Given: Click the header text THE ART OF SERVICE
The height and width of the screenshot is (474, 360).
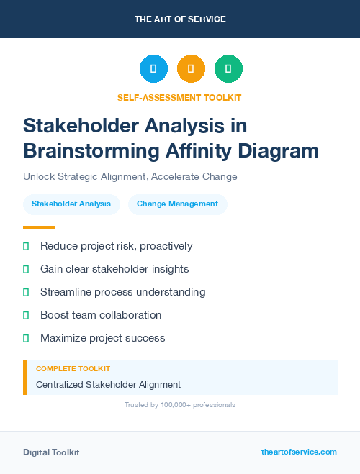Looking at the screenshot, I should coord(180,19).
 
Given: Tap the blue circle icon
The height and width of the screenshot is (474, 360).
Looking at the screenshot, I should coord(153,69).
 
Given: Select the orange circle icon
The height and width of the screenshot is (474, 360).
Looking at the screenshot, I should coord(191,69).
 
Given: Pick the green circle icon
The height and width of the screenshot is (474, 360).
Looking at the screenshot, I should coord(228,69).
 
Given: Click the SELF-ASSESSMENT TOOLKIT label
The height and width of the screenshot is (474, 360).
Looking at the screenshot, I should coord(179,97).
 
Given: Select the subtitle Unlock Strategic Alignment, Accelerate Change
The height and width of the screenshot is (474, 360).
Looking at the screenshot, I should coord(130,176).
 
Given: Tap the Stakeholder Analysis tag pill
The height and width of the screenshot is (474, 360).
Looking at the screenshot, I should coord(71,204).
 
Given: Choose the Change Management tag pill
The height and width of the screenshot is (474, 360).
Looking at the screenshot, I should coord(177,204).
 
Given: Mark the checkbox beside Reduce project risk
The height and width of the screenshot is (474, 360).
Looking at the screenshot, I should coord(26,246).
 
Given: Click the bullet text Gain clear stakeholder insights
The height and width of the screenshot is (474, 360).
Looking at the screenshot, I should coord(114,269).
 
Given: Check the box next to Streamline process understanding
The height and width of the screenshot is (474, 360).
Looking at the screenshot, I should coord(26,292).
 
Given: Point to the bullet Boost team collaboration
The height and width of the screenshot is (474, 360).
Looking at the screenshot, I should coord(101,315).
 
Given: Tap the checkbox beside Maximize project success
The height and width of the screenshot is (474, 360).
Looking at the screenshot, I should coord(26,338).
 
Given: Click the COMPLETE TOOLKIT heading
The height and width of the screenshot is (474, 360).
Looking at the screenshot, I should coord(73,368).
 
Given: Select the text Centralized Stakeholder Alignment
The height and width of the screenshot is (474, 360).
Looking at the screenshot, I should coord(108,384).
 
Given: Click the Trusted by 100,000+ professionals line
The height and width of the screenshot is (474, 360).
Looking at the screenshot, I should coord(179,405).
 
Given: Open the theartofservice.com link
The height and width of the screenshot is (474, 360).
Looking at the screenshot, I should coord(299,452).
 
